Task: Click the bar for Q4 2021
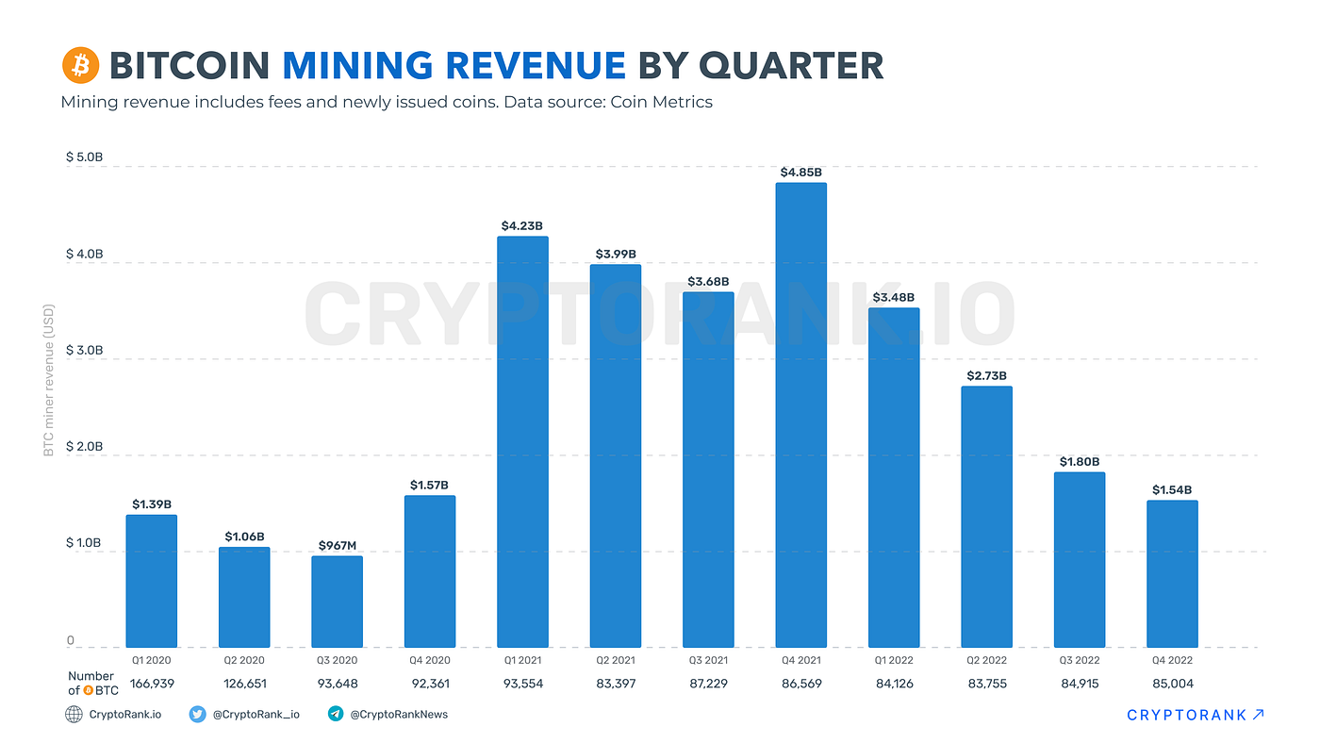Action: pyautogui.click(x=800, y=415)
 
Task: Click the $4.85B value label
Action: pyautogui.click(x=800, y=173)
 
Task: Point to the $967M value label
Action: pyautogui.click(x=337, y=545)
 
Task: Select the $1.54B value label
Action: pyautogui.click(x=1172, y=490)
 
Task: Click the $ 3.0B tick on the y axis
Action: pyautogui.click(x=84, y=351)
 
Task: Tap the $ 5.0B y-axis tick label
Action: pyautogui.click(x=84, y=157)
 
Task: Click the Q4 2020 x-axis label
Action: pyautogui.click(x=429, y=660)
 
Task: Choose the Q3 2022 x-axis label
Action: pyautogui.click(x=1079, y=660)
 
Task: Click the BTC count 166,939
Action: pyautogui.click(x=151, y=684)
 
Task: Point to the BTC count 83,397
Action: pyautogui.click(x=615, y=684)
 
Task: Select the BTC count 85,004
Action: pyautogui.click(x=1172, y=684)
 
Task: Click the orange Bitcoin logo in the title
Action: pyautogui.click(x=80, y=66)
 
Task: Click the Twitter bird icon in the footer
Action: pyautogui.click(x=198, y=715)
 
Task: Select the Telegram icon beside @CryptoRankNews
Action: pyautogui.click(x=336, y=715)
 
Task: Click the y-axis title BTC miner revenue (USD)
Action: pyautogui.click(x=49, y=380)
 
